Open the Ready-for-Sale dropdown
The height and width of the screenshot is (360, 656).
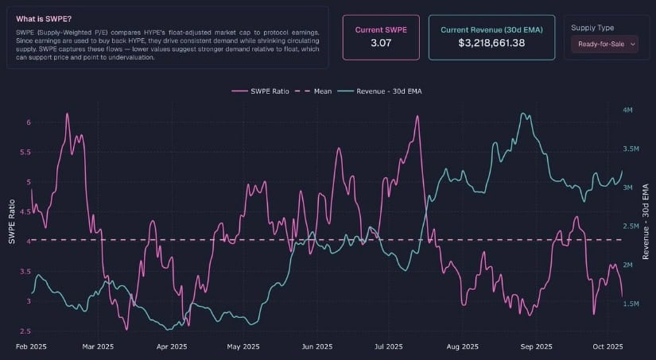pyautogui.click(x=604, y=45)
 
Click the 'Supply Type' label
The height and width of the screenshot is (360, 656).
pyautogui.click(x=592, y=28)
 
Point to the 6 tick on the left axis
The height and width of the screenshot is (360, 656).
pyautogui.click(x=29, y=122)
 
